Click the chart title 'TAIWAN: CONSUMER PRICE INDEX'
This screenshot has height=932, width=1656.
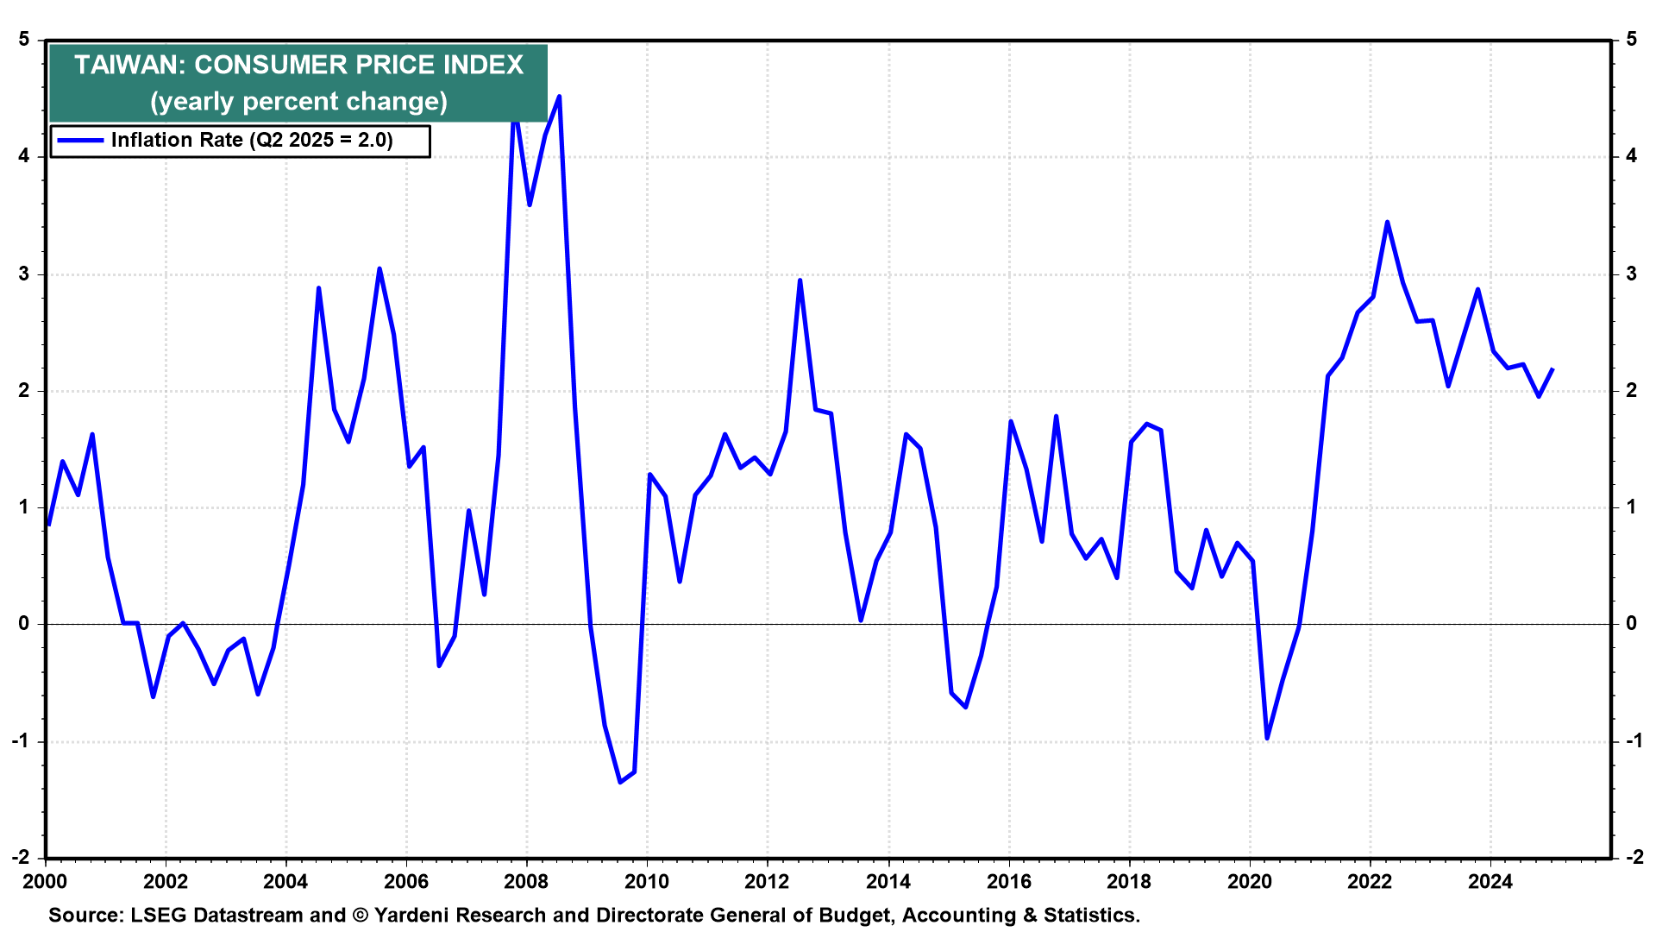click(x=298, y=66)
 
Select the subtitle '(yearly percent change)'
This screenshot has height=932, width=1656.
click(x=298, y=102)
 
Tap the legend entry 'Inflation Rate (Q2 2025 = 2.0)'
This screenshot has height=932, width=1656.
click(x=252, y=141)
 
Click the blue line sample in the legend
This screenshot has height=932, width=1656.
click(x=80, y=141)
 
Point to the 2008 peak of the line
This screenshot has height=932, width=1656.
click(x=560, y=97)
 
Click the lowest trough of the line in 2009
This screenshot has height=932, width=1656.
click(x=620, y=782)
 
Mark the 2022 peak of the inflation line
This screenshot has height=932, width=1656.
click(x=1387, y=222)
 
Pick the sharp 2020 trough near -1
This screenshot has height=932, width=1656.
click(x=1267, y=738)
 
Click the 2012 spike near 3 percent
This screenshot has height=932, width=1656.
click(x=800, y=280)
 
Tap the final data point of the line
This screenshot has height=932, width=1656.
click(x=1552, y=369)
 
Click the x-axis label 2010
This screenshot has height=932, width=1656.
click(x=647, y=882)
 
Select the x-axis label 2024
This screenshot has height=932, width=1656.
click(x=1490, y=882)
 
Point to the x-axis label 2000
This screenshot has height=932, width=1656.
click(x=45, y=882)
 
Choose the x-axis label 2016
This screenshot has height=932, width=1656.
click(x=1008, y=882)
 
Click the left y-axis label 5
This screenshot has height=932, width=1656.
click(x=23, y=40)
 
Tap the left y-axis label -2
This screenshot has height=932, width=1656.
click(x=20, y=857)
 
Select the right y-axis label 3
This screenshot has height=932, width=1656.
click(x=1631, y=274)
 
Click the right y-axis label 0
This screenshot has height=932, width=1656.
click(x=1631, y=623)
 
